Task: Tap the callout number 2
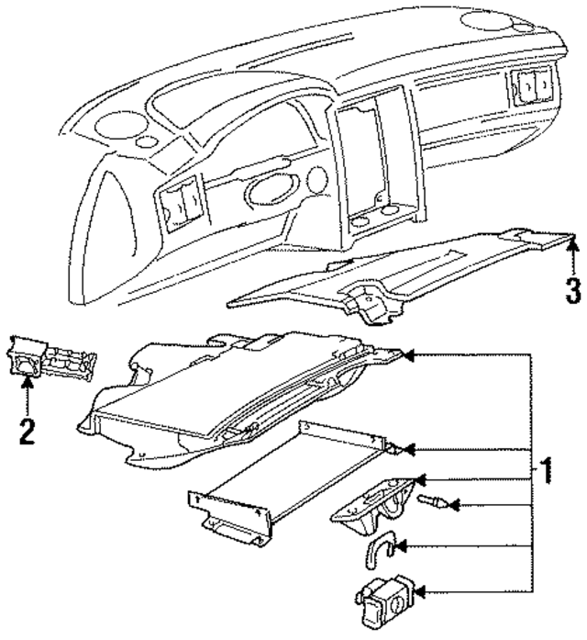pyautogui.click(x=28, y=430)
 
